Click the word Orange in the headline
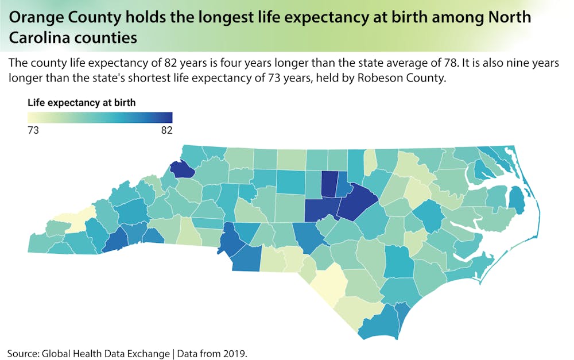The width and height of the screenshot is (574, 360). coord(37,18)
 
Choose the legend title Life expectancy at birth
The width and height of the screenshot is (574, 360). coord(82,103)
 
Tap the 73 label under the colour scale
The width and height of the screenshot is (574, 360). coord(33,130)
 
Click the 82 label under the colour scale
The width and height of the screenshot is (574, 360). coord(166,130)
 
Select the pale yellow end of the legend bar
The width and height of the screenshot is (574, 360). coord(31,117)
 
